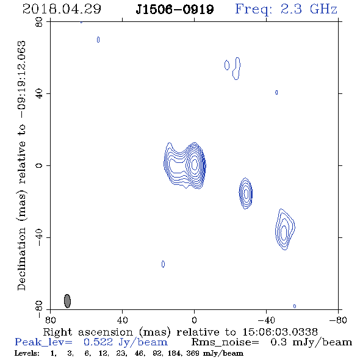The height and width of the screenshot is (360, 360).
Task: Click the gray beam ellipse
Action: pos(67,301)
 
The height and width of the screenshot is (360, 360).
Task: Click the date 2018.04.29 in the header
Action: pos(62,9)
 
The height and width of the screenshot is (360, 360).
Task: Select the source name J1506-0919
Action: pos(175,10)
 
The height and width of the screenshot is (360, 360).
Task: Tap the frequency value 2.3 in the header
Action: pos(291,9)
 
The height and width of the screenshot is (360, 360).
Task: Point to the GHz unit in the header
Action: pos(324,9)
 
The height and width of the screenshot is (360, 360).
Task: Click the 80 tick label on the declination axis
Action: pos(39,22)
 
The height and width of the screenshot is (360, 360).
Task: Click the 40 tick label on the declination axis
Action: pos(39,94)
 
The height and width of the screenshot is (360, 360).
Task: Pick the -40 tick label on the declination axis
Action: pos(39,237)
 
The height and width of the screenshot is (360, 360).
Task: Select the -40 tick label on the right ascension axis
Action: pos(266,320)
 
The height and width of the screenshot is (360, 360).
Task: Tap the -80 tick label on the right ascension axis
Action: pos(338,320)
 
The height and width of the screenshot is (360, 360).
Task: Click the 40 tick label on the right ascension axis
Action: pos(122,320)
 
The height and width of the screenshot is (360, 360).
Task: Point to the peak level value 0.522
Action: pos(98,342)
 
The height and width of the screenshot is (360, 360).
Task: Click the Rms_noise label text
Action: pos(225,342)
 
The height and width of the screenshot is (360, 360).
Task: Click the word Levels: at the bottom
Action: pos(27,353)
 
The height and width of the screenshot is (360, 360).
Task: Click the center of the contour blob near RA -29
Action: pos(246,193)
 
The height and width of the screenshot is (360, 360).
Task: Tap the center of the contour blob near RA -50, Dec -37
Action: pos(284,232)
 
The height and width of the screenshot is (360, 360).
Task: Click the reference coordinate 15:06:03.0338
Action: pos(280,332)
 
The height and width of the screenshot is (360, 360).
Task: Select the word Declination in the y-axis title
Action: pos(21,259)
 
